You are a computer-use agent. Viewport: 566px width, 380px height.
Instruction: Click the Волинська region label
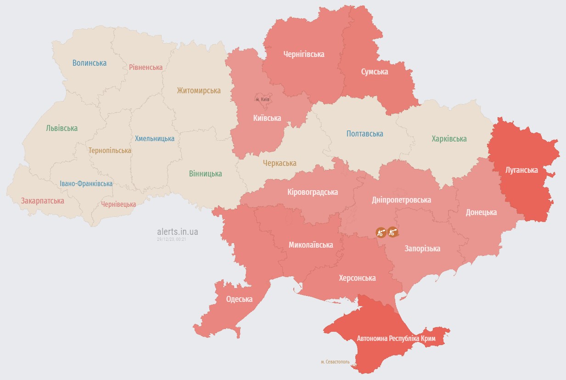pyautogui.click(x=90, y=63)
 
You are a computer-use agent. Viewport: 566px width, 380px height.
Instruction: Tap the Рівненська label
pyautogui.click(x=146, y=67)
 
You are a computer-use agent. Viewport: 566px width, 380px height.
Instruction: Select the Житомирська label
pyautogui.click(x=199, y=91)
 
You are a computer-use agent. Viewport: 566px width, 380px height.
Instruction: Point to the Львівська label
pyautogui.click(x=62, y=128)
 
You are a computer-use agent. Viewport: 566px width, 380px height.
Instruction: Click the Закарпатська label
pyautogui.click(x=42, y=201)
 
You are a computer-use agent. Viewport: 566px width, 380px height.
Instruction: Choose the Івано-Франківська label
pyautogui.click(x=86, y=184)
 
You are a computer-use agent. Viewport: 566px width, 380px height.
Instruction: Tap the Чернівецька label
pyautogui.click(x=118, y=204)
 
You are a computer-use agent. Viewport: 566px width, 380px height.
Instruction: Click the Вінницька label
pyautogui.click(x=205, y=174)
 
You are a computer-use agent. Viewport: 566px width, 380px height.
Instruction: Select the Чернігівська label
pyautogui.click(x=303, y=54)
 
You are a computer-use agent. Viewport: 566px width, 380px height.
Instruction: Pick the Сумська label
pyautogui.click(x=374, y=72)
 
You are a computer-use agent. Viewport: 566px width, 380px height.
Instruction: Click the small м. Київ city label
pyautogui.click(x=263, y=99)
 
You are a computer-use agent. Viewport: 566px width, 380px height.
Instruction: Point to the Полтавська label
pyautogui.click(x=365, y=134)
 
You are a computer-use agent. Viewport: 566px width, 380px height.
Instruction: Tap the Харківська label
pyautogui.click(x=449, y=138)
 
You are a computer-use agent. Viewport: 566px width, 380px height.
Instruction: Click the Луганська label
pyautogui.click(x=521, y=170)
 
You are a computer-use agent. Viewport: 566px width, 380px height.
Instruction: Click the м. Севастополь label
pyautogui.click(x=335, y=362)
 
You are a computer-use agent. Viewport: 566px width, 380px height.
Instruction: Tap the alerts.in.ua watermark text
pyautogui.click(x=178, y=232)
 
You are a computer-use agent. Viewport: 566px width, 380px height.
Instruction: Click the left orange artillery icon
pyautogui.click(x=381, y=232)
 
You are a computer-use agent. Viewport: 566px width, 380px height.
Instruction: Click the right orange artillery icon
pyautogui.click(x=392, y=232)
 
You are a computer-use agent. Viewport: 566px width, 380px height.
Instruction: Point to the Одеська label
pyautogui.click(x=239, y=299)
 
